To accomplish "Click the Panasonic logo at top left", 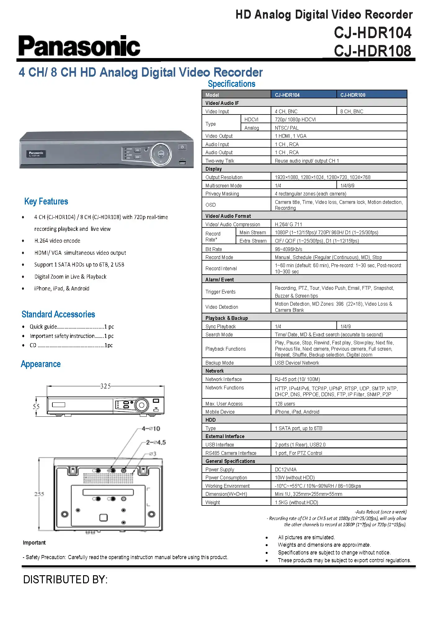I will coord(79,46).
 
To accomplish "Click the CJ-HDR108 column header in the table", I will coord(353,95).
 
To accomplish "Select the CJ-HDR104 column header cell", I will coord(287,95).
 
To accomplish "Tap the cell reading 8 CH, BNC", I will coord(352,111).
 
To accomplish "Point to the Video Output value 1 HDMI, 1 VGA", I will coord(291,136).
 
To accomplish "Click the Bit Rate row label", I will coord(214,249).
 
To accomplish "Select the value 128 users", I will coord(285,404).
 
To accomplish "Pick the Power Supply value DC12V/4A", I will coord(286,469).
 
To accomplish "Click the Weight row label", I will coord(213,502).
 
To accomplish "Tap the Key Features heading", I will coord(46,202).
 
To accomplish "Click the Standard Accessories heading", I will coord(58,314).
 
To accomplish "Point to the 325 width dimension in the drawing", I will coord(105,386).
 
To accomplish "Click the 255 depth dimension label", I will coord(39,494).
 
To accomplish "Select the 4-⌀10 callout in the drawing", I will coord(151,429).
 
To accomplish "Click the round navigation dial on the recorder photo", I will coord(161,154).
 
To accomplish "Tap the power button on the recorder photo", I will coord(182,147).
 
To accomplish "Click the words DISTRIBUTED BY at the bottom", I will coord(65,580).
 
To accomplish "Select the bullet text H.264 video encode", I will coord(57,241).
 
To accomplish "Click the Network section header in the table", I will coord(215,371).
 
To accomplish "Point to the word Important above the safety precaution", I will coord(34,543).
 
